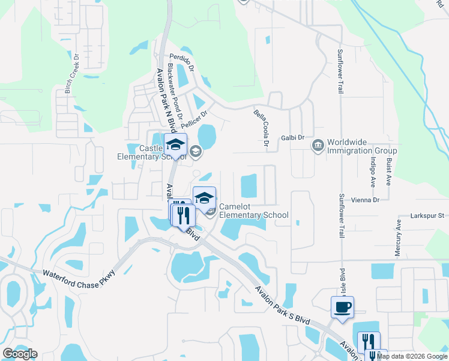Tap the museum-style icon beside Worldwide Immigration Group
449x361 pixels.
coord(317,144)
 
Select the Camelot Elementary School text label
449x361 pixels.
coord(253,211)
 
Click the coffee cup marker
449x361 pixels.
coord(342,307)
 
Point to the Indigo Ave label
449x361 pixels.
coord(373,170)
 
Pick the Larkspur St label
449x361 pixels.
coord(427,215)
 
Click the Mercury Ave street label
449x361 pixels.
coord(397,238)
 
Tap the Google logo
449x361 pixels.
coord(20,353)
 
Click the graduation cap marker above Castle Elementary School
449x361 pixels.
coord(176,145)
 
